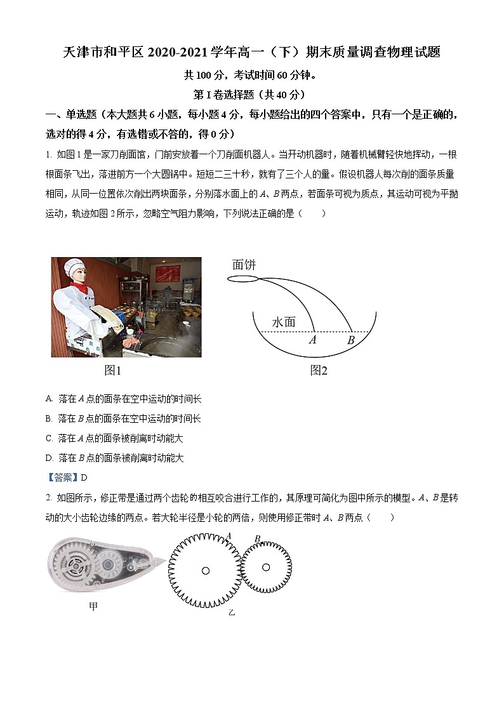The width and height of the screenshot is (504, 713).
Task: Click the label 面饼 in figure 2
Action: point(244,264)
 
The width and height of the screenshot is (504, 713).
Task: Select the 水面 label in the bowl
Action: point(284,322)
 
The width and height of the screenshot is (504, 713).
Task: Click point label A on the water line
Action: point(312,340)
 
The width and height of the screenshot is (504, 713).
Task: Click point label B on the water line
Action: point(350,340)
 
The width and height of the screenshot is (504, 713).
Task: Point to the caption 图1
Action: point(112,370)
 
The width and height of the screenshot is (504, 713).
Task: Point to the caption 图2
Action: point(319,370)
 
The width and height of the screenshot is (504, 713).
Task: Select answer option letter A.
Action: point(49,399)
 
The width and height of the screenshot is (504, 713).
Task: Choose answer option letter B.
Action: point(49,418)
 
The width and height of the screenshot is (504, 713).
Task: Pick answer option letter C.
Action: point(49,438)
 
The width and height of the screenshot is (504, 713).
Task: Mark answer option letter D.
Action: point(49,458)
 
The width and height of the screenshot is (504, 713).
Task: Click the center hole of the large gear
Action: point(206,571)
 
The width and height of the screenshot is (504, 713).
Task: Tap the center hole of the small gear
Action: point(266,567)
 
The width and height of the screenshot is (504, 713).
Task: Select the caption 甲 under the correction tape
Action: point(93,607)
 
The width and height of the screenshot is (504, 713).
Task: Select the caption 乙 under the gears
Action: point(232,613)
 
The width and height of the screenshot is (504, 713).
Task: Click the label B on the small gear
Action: point(257,539)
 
